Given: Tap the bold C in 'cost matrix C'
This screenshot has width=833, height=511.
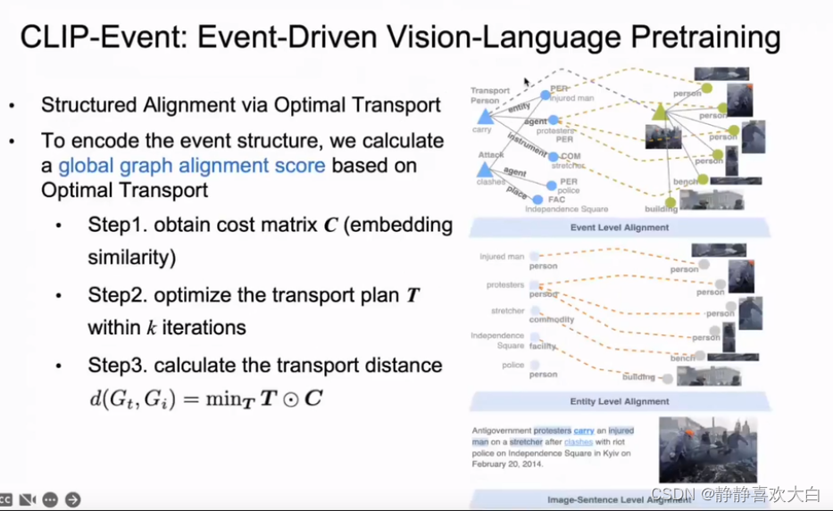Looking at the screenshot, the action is pyautogui.click(x=331, y=226).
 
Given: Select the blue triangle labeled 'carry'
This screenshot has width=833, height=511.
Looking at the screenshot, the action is pyautogui.click(x=485, y=117).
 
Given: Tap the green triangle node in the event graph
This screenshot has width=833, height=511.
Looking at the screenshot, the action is pyautogui.click(x=660, y=111).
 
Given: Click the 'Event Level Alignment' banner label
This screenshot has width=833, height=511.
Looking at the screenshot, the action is pyautogui.click(x=619, y=227).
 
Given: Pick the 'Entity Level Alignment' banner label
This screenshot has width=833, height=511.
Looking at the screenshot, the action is pyautogui.click(x=619, y=401).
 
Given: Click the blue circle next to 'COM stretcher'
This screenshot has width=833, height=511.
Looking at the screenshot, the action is pyautogui.click(x=554, y=157).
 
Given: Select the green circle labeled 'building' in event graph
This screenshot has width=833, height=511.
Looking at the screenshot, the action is pyautogui.click(x=671, y=202).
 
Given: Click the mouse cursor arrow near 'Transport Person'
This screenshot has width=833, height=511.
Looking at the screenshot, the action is pyautogui.click(x=528, y=82).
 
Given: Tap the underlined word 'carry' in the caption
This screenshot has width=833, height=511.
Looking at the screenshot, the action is pyautogui.click(x=584, y=430).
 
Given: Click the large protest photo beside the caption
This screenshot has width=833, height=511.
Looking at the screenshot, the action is pyautogui.click(x=706, y=449).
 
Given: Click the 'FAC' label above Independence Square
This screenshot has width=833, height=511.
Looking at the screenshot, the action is pyautogui.click(x=556, y=200).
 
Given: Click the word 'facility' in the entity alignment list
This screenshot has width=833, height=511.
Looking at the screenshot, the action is pyautogui.click(x=542, y=345).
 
